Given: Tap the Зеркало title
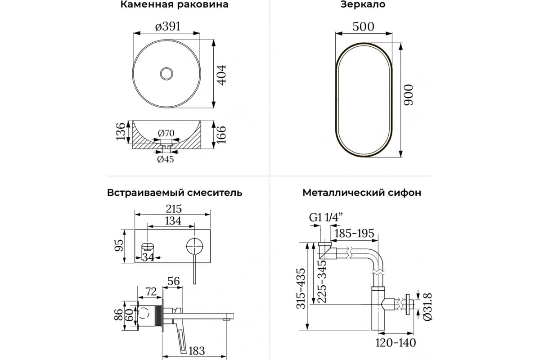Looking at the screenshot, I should (363, 5).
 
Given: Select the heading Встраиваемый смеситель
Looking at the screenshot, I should (175, 193).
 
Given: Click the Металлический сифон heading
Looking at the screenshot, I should (362, 193).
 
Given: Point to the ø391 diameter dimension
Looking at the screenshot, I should (167, 27).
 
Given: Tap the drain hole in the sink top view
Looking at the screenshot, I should (167, 73).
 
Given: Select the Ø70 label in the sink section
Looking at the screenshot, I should (166, 133).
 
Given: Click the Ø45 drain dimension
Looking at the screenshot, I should (165, 159).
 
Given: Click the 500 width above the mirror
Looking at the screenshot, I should (363, 27).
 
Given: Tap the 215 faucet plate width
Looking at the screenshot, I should (173, 209).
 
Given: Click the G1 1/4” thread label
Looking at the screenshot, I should (326, 217).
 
